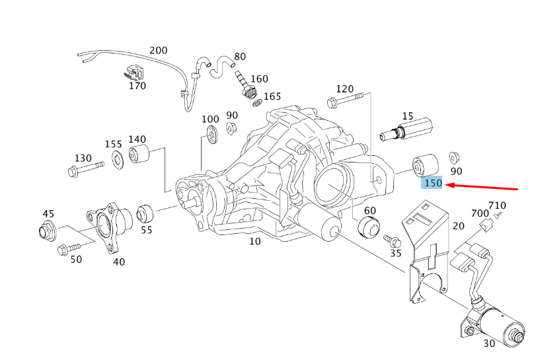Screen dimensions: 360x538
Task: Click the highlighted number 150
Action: pyautogui.click(x=433, y=183)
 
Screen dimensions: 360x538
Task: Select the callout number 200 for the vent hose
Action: pyautogui.click(x=159, y=50)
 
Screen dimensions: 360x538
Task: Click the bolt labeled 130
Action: pyautogui.click(x=85, y=168)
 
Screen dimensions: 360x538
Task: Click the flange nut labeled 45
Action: pyautogui.click(x=46, y=232)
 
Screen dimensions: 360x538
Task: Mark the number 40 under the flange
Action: pyautogui.click(x=118, y=262)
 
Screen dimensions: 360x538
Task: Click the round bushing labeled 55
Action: pyautogui.click(x=144, y=214)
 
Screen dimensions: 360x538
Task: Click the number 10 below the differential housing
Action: pyautogui.click(x=254, y=242)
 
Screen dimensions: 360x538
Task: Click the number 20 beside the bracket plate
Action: pyautogui.click(x=458, y=227)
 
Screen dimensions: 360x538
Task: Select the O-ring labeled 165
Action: pyautogui.click(x=256, y=103)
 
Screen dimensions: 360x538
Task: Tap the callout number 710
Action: pyautogui.click(x=497, y=205)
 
